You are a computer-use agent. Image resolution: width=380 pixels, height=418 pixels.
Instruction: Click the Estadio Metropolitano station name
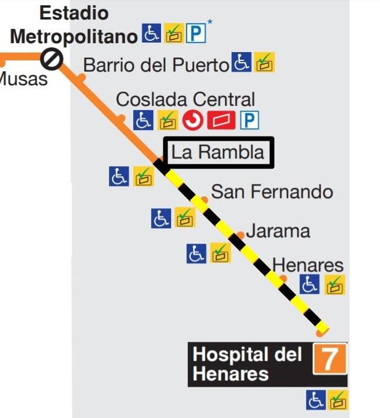tap(74, 25)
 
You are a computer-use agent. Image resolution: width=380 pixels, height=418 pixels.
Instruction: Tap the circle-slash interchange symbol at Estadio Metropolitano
tap(52, 58)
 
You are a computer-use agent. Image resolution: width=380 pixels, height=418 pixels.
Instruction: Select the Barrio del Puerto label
tap(156, 64)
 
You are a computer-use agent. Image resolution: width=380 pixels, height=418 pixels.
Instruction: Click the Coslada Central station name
tap(185, 99)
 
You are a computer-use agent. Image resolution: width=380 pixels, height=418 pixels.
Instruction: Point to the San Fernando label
tap(272, 192)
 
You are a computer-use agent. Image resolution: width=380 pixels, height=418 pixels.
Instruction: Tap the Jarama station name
tap(278, 231)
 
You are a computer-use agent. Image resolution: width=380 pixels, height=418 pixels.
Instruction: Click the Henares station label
tap(307, 264)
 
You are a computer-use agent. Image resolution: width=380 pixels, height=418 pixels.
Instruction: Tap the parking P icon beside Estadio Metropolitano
tap(196, 34)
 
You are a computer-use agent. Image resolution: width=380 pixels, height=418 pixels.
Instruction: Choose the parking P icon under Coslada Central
tap(250, 121)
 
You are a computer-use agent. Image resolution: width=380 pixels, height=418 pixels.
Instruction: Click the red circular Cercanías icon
tap(192, 121)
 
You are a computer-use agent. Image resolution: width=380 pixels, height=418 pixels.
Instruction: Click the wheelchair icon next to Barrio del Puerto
tap(241, 63)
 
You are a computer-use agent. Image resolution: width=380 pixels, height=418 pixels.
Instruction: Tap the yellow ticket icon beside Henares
tap(334, 285)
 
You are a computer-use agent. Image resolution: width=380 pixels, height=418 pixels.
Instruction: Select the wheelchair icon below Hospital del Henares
tap(315, 400)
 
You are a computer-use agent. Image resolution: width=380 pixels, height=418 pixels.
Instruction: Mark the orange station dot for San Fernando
tap(204, 200)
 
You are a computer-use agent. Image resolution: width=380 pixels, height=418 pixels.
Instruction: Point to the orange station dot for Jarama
tap(241, 235)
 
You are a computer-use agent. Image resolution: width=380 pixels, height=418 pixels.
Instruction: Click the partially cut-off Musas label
tap(22, 79)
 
